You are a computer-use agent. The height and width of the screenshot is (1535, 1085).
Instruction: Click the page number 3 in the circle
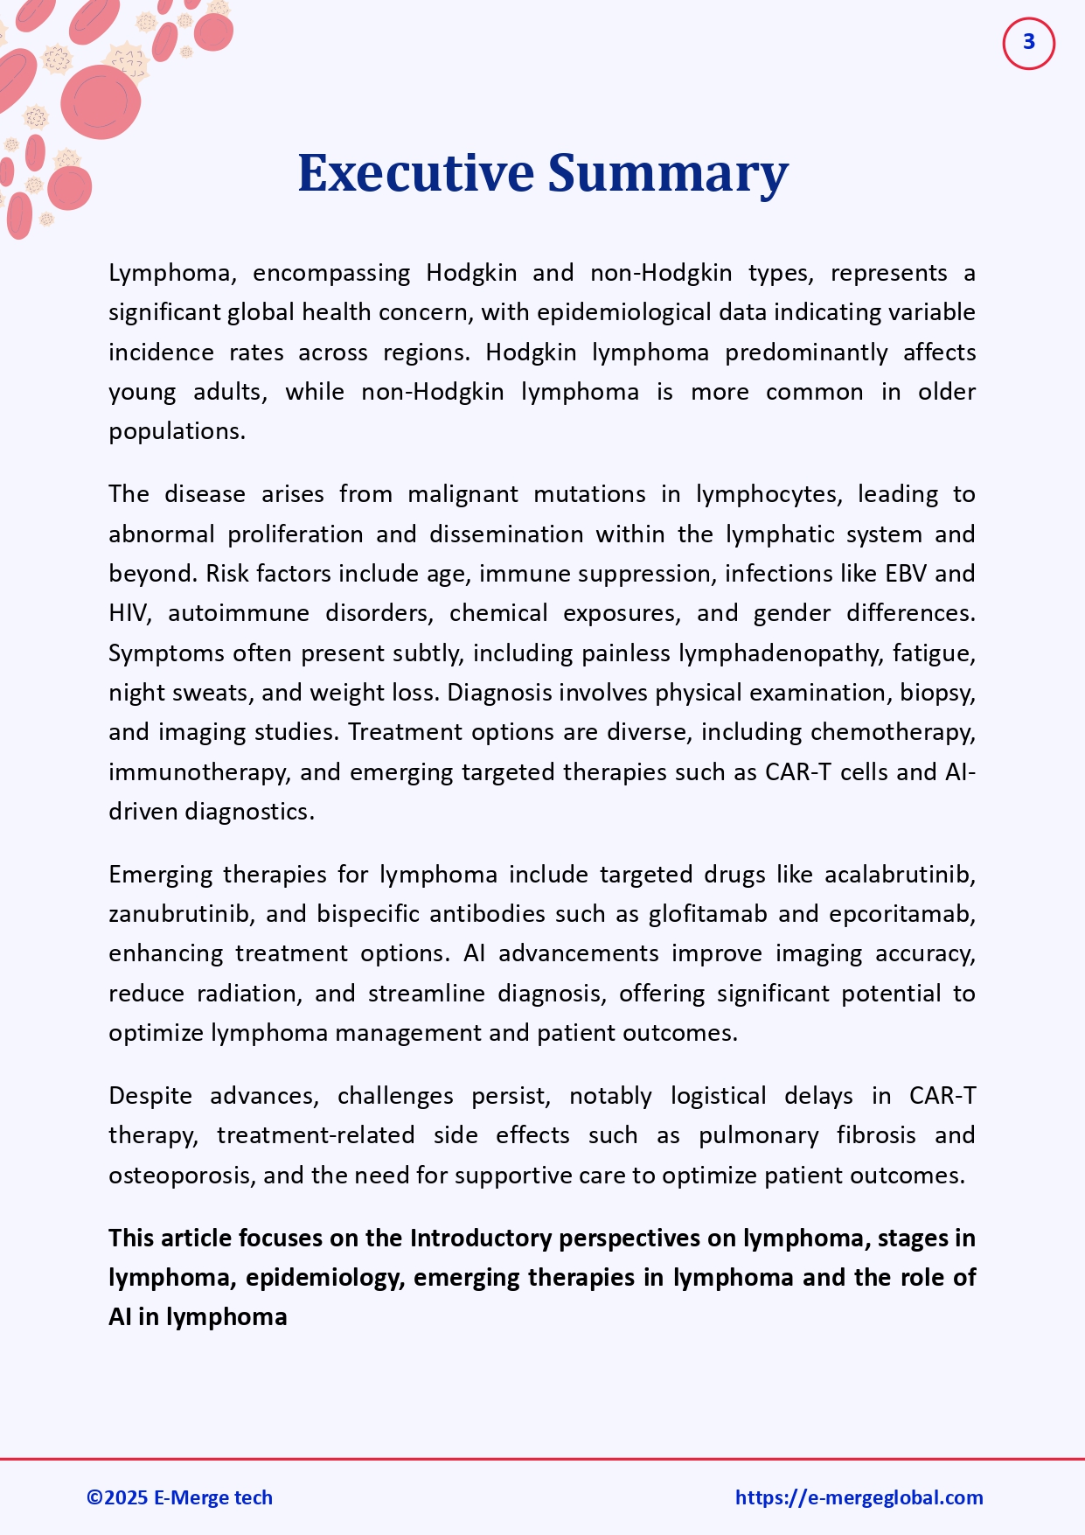tap(1028, 42)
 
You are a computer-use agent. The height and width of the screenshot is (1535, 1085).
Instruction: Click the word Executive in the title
tap(415, 173)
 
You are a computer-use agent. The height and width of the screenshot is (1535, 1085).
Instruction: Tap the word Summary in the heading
tap(668, 173)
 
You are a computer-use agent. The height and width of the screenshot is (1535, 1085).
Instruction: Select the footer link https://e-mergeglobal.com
tap(859, 1497)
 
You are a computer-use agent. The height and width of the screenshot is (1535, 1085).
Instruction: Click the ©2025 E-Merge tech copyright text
tap(179, 1497)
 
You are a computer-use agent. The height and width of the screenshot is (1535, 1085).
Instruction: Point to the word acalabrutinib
tap(899, 875)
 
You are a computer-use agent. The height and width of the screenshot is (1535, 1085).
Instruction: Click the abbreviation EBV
tap(906, 574)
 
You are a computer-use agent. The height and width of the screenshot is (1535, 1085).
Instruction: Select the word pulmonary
tap(758, 1135)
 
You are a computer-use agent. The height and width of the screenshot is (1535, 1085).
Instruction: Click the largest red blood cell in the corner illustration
tap(101, 101)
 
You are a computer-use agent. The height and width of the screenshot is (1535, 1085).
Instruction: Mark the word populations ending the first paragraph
tap(176, 431)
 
